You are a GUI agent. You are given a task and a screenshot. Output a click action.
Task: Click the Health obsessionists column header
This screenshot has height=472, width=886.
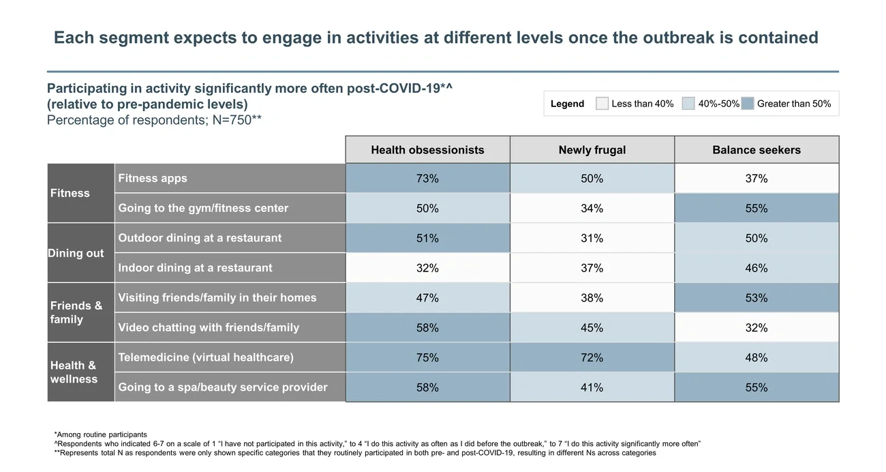(427, 150)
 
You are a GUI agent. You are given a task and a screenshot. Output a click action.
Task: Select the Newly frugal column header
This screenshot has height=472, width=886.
(592, 150)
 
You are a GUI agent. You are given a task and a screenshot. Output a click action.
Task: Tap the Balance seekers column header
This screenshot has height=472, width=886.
(757, 150)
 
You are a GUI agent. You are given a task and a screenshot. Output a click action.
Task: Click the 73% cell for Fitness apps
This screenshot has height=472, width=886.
(427, 179)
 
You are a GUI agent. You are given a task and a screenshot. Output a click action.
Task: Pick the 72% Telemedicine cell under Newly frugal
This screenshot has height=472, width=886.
(592, 357)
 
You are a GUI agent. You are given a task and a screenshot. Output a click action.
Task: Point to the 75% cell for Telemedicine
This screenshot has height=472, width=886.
(427, 357)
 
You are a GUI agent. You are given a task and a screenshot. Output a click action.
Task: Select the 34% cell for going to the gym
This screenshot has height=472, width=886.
(592, 209)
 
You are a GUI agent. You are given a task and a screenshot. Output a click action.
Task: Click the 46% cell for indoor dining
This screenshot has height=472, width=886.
(757, 268)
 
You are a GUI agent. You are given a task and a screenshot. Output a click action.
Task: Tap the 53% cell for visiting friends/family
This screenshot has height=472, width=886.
(757, 298)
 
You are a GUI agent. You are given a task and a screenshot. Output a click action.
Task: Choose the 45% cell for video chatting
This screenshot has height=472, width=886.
(592, 328)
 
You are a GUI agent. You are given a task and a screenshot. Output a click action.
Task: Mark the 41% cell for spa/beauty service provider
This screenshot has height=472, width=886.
(592, 387)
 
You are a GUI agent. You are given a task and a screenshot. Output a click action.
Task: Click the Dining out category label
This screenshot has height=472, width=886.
(76, 253)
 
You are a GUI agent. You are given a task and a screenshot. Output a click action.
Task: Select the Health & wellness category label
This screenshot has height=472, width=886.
(74, 372)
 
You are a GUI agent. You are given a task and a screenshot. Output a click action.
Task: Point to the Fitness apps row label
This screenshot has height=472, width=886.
(153, 179)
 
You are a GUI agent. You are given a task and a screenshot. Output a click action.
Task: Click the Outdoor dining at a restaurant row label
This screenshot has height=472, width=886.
(200, 238)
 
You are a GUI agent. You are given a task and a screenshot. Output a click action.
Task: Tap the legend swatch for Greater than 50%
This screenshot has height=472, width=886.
(747, 104)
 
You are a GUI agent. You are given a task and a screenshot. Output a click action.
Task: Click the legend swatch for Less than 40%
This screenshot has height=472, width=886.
(602, 104)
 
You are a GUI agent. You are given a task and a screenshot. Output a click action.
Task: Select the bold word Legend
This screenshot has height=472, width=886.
(567, 104)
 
